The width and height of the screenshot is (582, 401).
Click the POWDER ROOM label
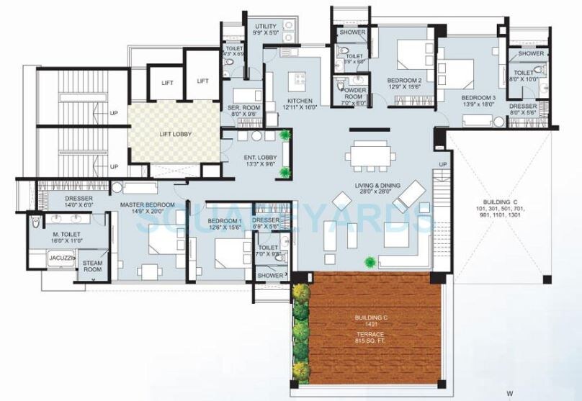point(352,97)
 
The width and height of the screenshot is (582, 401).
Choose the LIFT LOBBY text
point(174,134)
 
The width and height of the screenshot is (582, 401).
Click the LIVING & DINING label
point(369,189)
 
